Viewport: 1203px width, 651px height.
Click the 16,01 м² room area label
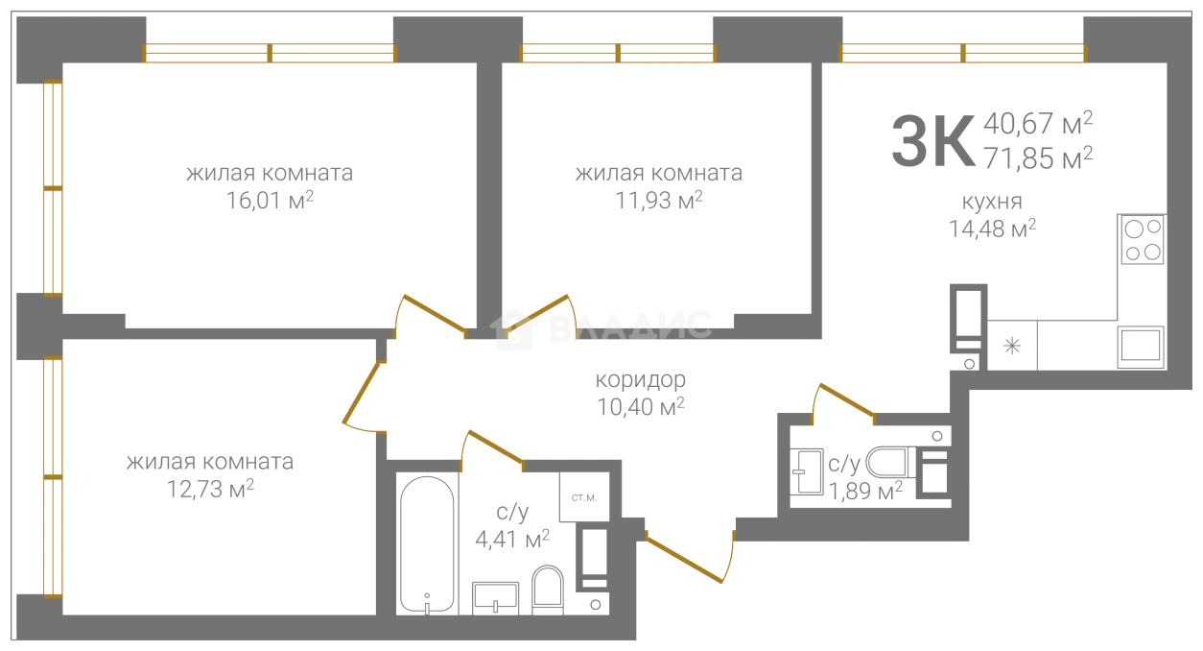tap(270, 201)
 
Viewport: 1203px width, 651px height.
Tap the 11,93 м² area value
tap(659, 201)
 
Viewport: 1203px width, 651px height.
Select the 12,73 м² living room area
tap(210, 489)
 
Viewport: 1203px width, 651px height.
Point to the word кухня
tap(992, 202)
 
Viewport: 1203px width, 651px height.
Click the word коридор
tap(640, 380)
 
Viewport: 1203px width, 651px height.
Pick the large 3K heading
tap(933, 141)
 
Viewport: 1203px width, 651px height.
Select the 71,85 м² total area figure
tap(1038, 158)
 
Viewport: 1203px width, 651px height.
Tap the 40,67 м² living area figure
tap(1038, 123)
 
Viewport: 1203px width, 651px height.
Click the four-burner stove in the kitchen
tap(1143, 240)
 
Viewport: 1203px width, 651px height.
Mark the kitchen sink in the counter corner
tap(1141, 348)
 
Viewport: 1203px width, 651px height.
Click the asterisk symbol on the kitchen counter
tap(1012, 346)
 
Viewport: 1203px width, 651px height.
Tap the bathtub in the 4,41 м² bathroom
tap(427, 544)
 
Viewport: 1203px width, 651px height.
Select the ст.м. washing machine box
tap(584, 497)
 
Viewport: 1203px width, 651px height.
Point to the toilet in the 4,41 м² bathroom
tap(548, 590)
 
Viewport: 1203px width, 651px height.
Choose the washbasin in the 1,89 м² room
tap(807, 471)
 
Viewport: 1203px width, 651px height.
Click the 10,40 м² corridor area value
tap(641, 407)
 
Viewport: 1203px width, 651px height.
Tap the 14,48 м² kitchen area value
tap(993, 229)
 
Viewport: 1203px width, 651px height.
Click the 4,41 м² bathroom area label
tap(512, 539)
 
